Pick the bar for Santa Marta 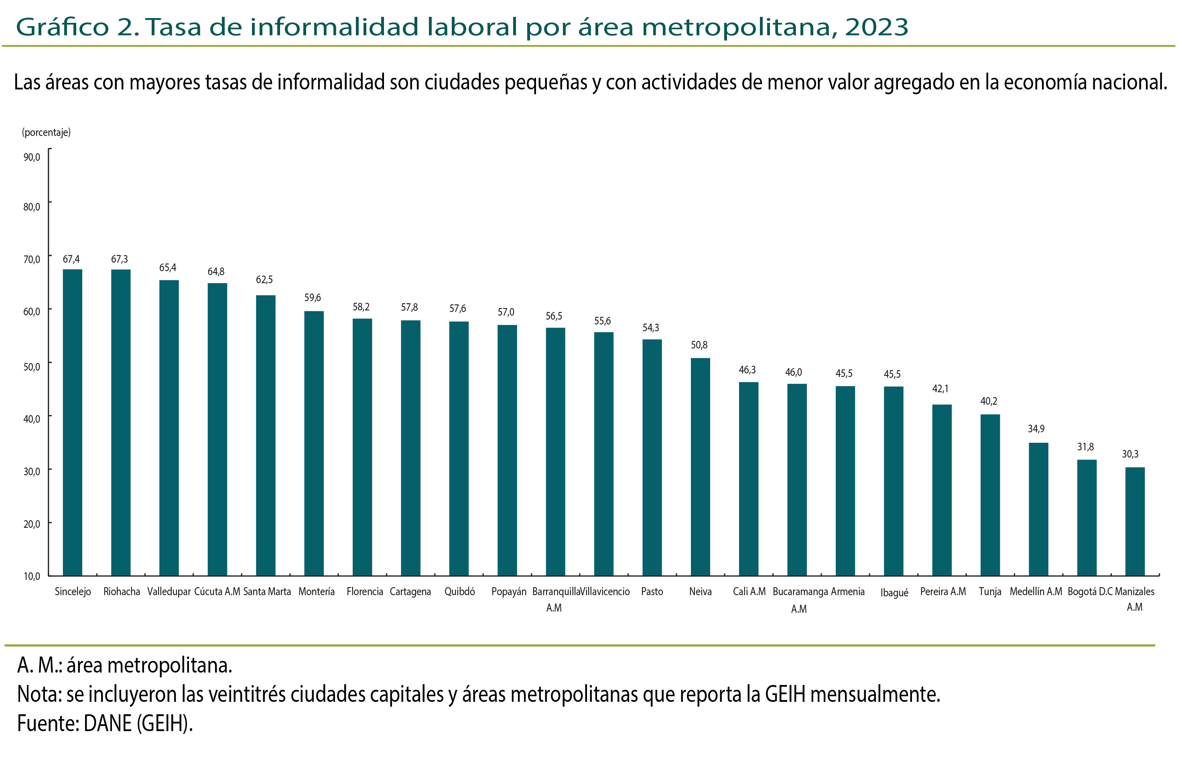[x=266, y=435]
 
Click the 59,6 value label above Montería [x=313, y=298]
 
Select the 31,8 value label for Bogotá [x=1085, y=447]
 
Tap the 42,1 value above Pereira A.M [x=940, y=389]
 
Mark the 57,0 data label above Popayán [x=506, y=312]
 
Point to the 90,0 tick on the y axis [x=32, y=157]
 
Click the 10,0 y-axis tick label [x=32, y=576]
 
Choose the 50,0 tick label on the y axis [x=32, y=367]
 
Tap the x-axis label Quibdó [x=459, y=592]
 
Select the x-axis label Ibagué [x=894, y=592]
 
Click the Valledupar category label [x=169, y=592]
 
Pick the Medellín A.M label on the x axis [x=1036, y=592]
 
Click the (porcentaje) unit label [x=46, y=132]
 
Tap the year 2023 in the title [x=876, y=27]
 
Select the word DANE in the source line [x=108, y=723]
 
